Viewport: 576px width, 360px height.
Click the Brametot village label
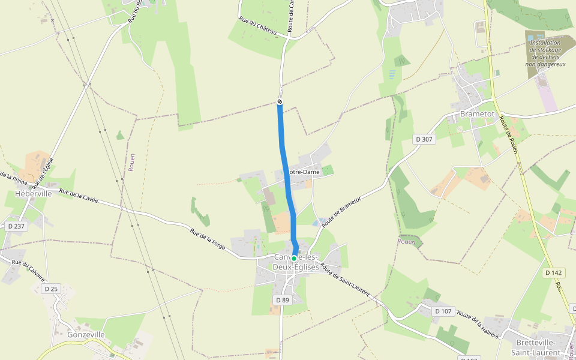coord(476,114)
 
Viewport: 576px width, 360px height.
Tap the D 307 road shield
coord(424,139)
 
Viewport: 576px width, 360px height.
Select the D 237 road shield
coord(16,226)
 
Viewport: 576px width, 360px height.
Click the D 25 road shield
coord(51,289)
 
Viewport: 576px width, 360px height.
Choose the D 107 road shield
coord(443,311)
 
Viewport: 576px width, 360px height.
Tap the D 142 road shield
coord(555,272)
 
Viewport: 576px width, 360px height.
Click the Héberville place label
coord(34,194)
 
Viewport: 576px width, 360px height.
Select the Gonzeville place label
coord(86,335)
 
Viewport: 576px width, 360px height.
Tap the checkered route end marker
coord(280,102)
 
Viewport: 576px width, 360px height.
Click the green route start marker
coord(294,258)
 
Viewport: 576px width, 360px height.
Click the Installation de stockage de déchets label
coord(545,53)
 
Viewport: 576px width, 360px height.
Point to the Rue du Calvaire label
coord(28,272)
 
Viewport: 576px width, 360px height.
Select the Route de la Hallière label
coord(478,325)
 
